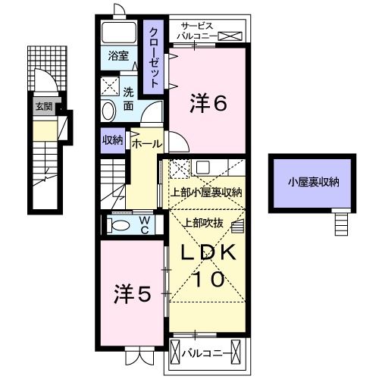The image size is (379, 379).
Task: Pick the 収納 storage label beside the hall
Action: coord(112,139)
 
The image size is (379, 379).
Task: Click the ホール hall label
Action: coord(146,143)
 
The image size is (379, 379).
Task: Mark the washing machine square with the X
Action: coord(111,85)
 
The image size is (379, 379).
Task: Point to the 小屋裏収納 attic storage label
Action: coord(312,182)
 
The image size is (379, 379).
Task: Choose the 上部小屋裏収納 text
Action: coord(205,192)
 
